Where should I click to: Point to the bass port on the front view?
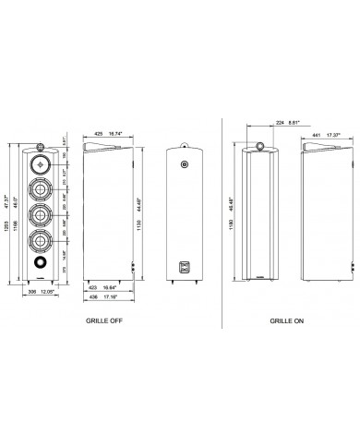42,269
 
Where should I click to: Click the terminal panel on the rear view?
185,267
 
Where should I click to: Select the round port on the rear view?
185,167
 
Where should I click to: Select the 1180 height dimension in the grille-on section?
231,213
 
